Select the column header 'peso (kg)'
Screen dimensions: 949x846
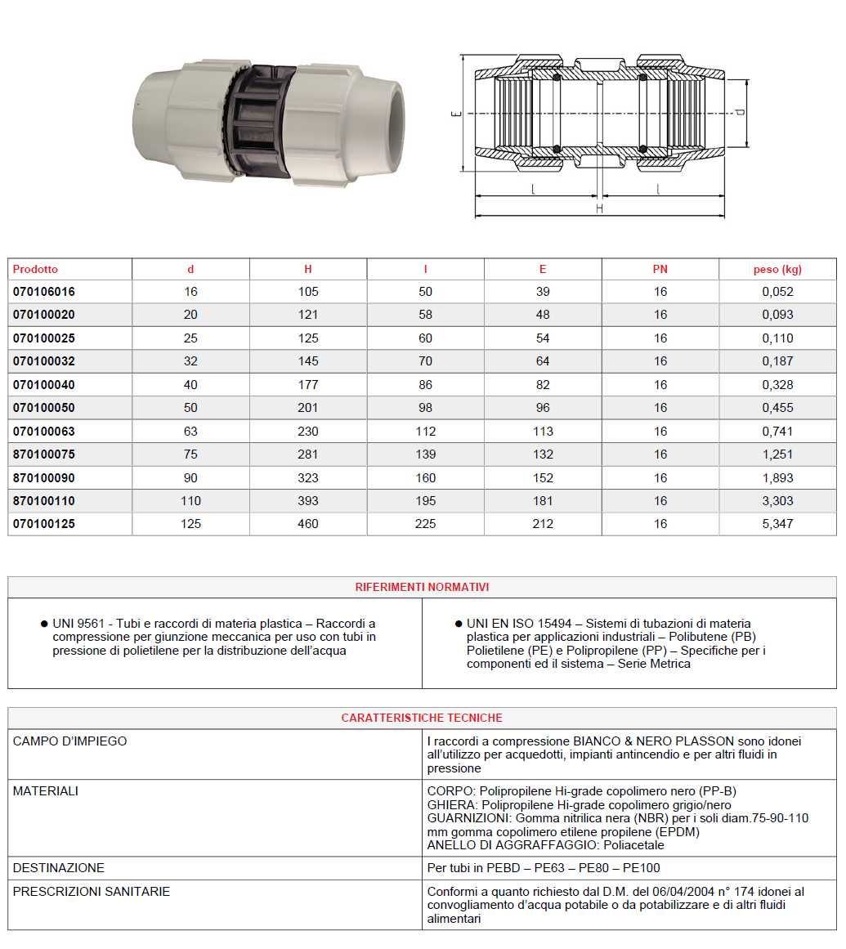(x=777, y=269)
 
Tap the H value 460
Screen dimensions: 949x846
(x=308, y=524)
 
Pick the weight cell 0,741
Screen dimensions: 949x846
(x=777, y=432)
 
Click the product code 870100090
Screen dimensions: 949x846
(x=43, y=478)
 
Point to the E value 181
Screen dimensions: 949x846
(x=543, y=501)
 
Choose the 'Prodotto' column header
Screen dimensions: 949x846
(x=36, y=269)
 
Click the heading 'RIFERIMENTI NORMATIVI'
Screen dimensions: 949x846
(x=422, y=587)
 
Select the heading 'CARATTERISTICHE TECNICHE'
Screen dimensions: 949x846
(x=422, y=718)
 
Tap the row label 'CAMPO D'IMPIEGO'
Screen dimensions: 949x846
(x=70, y=741)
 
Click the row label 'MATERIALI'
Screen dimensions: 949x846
(x=46, y=791)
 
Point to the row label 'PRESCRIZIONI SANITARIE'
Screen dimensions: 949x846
(x=92, y=891)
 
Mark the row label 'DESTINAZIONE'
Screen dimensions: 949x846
(x=59, y=867)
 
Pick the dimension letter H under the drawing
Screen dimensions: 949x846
(x=599, y=209)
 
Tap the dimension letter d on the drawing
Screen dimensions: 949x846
(x=740, y=113)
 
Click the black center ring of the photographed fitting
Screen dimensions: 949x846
(x=260, y=120)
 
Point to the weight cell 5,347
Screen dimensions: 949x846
(x=777, y=524)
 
